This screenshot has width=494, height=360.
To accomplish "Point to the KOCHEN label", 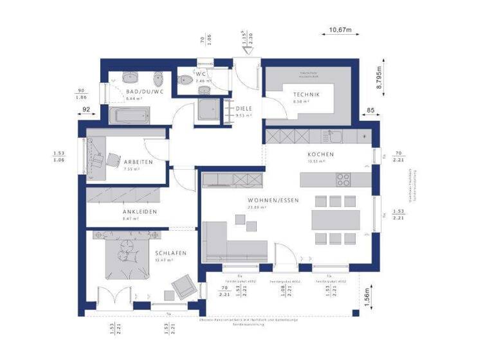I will [x=320, y=154].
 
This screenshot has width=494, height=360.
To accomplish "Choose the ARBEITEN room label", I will [x=138, y=163].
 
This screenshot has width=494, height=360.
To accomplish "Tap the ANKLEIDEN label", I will [x=140, y=212].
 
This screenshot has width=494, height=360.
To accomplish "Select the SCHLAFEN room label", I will [x=170, y=253].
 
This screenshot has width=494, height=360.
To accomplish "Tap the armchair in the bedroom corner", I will [x=182, y=283].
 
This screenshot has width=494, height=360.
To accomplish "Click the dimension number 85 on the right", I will [x=370, y=110].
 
